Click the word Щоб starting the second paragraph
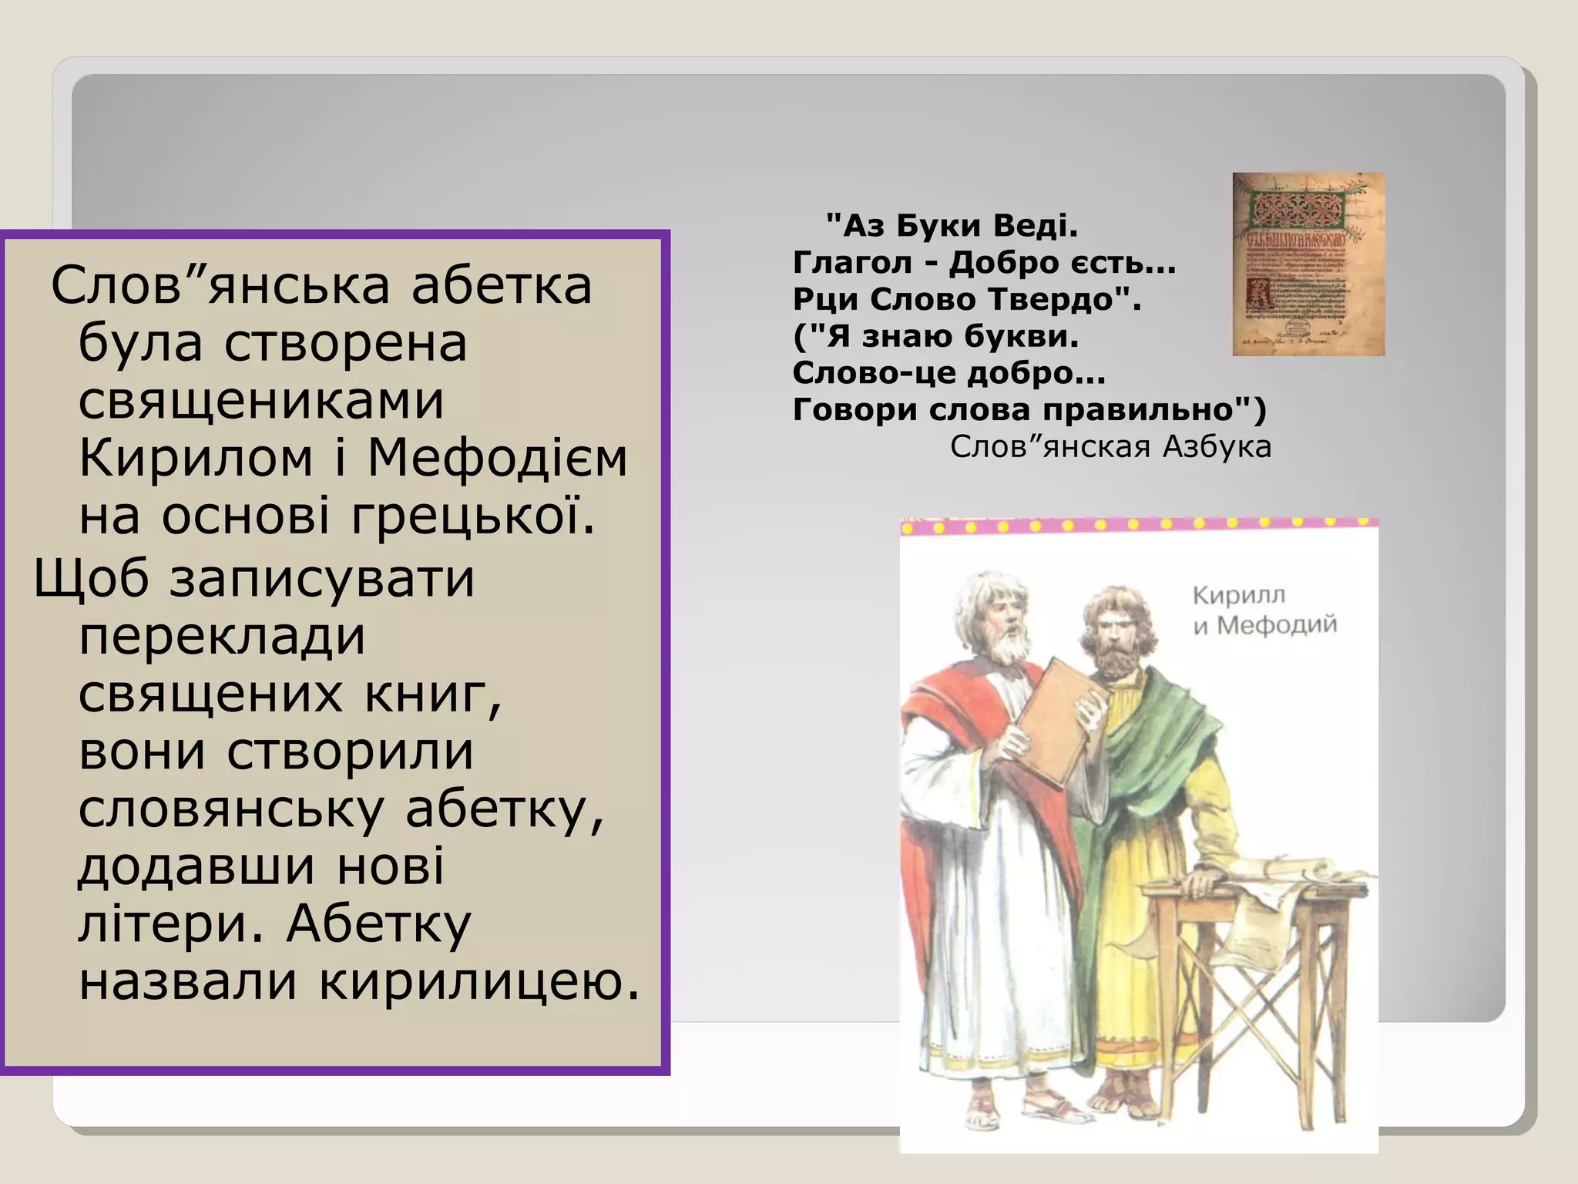(x=91, y=578)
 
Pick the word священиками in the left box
(x=261, y=401)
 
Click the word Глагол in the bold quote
(x=851, y=263)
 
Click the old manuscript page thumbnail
(x=1308, y=264)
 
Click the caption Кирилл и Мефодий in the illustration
(x=1263, y=610)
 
